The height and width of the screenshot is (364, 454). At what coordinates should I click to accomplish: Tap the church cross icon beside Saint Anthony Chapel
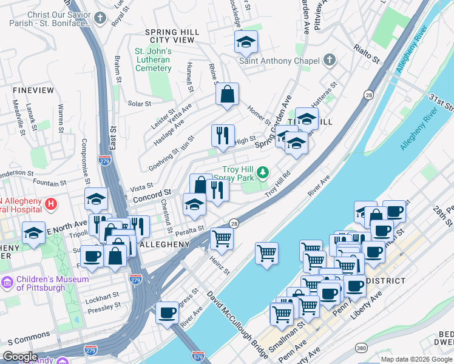point(329,60)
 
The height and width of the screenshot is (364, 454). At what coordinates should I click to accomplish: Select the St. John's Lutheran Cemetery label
point(153,59)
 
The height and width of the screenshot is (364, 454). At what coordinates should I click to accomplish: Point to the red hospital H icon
point(51,203)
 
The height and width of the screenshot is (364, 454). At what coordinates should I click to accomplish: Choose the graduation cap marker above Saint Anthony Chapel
point(246,42)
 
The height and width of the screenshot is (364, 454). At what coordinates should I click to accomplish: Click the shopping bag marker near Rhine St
point(226,94)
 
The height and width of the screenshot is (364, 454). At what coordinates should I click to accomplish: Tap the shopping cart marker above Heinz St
point(222,238)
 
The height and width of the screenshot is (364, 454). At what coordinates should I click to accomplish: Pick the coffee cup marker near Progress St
point(167,312)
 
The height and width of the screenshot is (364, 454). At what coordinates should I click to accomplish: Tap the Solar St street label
point(140,104)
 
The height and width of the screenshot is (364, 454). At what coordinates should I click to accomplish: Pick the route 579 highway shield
point(198,355)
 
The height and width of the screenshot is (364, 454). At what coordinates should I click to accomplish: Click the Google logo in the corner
point(21,357)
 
